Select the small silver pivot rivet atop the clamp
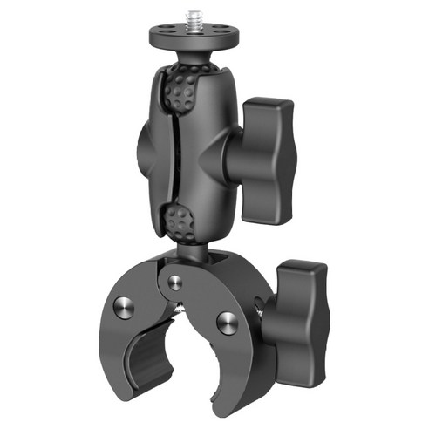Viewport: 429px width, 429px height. point(175,281)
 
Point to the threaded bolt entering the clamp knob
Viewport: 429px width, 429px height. point(262,304)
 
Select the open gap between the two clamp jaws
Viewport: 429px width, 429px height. point(187,366)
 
